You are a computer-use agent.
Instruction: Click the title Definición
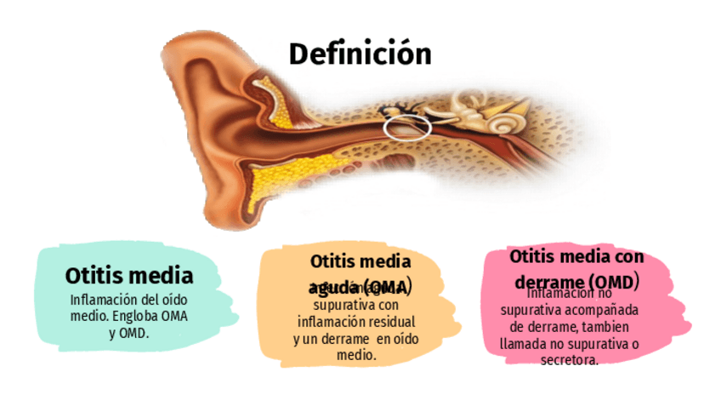[360, 54]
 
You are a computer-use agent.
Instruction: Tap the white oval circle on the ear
[407, 127]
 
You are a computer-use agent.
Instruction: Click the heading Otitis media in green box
[129, 276]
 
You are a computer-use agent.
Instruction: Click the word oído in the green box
[172, 300]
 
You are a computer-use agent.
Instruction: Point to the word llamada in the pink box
[525, 343]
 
